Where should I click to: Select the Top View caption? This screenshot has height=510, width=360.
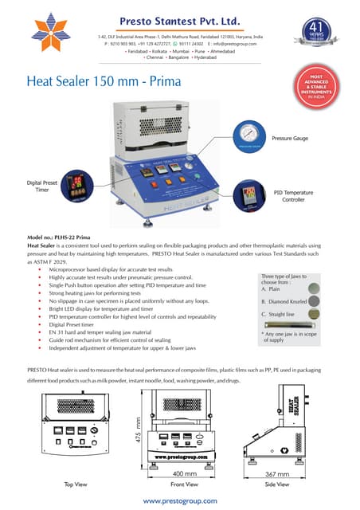(74, 484)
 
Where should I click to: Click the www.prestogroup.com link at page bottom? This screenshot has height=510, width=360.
(179, 500)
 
